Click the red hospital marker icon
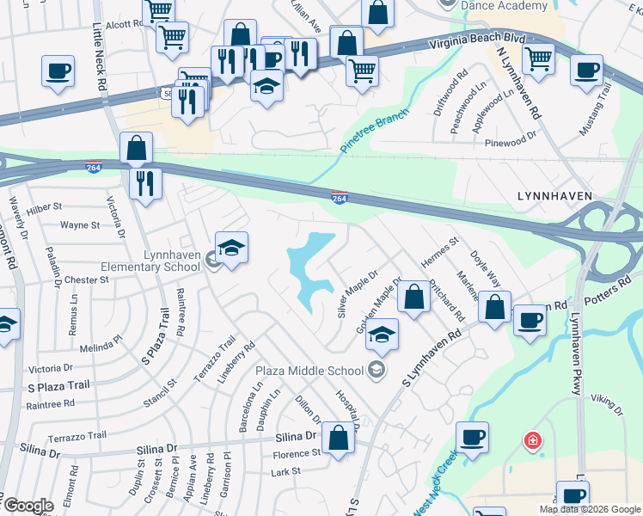click(x=534, y=441)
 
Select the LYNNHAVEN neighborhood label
click(x=554, y=196)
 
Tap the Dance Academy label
click(x=505, y=5)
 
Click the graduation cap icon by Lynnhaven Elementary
click(x=231, y=248)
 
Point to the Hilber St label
click(x=45, y=207)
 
